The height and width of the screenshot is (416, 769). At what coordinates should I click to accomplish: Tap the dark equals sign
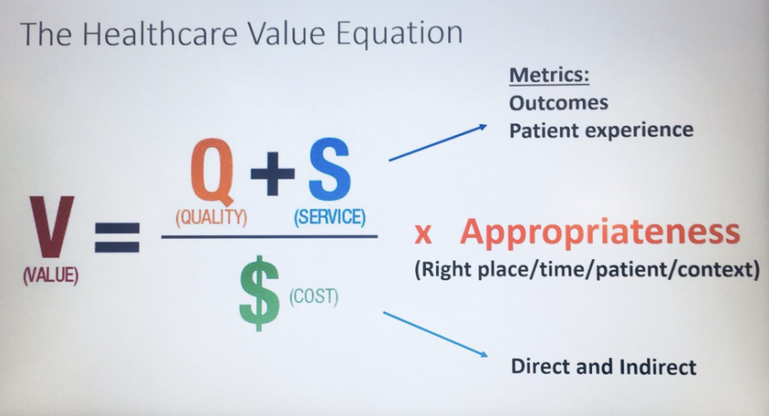coord(116,238)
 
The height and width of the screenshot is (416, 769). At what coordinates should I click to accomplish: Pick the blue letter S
coord(327,171)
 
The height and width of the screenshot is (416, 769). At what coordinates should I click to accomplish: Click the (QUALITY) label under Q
coord(212,219)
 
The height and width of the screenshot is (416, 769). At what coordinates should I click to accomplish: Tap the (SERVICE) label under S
coord(329,219)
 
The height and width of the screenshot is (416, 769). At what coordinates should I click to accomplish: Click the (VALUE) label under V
coord(51,276)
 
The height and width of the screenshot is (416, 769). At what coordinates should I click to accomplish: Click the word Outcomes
coord(559,102)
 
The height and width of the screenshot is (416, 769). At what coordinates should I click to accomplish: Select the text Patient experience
coord(601,130)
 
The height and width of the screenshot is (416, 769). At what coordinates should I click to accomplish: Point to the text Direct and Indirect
coord(603,367)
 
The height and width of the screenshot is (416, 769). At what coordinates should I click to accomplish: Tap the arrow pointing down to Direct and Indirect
coord(436,335)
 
